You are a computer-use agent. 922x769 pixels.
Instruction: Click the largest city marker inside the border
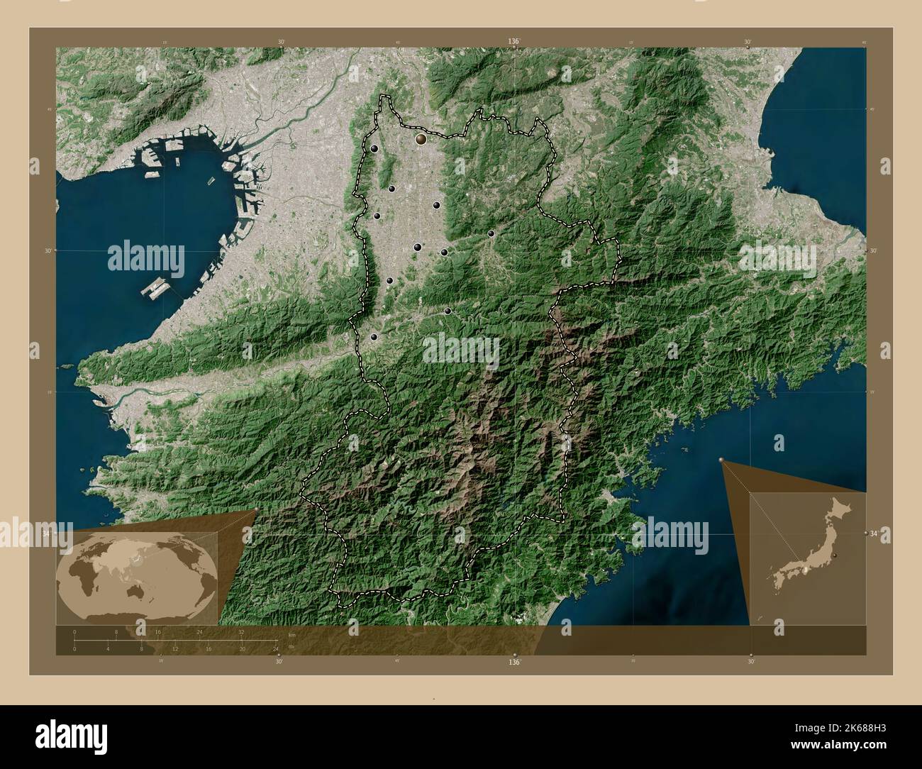(x=421, y=140)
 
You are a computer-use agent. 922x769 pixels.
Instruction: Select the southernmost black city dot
(x=374, y=337)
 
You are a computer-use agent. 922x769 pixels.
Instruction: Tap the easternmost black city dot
(x=491, y=233)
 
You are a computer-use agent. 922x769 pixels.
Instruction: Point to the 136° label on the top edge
(x=514, y=42)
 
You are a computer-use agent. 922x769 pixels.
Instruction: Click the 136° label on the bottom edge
(x=514, y=661)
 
